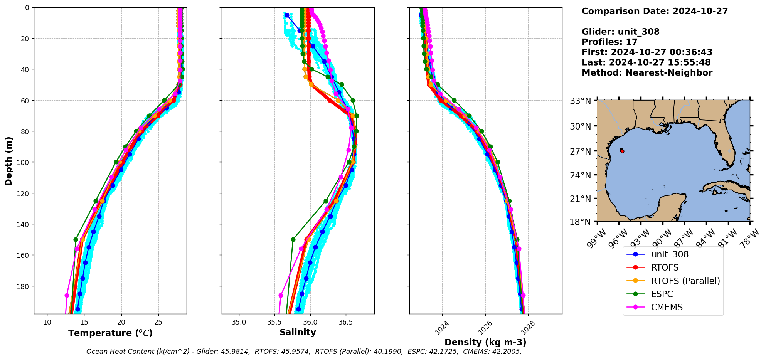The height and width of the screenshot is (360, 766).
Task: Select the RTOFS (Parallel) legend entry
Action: point(685,281)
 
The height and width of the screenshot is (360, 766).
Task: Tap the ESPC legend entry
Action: point(662,294)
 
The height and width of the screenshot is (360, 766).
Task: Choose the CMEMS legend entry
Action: point(667,307)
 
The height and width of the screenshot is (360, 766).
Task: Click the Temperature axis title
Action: point(110,333)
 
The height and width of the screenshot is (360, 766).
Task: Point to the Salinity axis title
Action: point(298,332)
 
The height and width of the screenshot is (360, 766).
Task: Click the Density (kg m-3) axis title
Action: point(485,342)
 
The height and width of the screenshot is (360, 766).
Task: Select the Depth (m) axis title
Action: point(8,161)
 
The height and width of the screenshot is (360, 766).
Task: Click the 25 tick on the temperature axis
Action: point(158,322)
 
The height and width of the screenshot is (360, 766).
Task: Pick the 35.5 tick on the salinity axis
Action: point(274,322)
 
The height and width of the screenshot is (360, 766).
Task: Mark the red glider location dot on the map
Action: point(622,151)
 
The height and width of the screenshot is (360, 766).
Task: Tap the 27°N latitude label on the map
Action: point(581,151)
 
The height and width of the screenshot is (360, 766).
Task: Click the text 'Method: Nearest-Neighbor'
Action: point(647,73)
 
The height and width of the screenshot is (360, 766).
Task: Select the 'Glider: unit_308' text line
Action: point(620,32)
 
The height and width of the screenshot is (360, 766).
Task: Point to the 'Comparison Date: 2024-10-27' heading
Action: point(655,11)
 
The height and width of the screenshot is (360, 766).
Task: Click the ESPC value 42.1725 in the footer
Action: point(444,352)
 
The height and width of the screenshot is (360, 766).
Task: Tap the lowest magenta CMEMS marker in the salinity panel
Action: point(281,296)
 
